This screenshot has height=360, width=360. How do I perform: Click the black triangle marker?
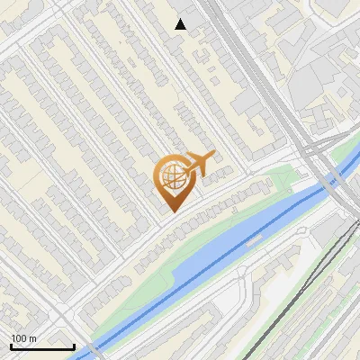click(x=181, y=24)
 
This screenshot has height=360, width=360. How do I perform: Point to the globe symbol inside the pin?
click(x=171, y=176)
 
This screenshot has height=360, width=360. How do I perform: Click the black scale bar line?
click(x=42, y=346)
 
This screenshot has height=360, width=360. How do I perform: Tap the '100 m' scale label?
click(x=23, y=338)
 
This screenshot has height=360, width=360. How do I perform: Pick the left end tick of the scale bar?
click(x=11, y=345)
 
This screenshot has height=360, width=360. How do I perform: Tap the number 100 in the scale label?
click(x=19, y=338)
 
